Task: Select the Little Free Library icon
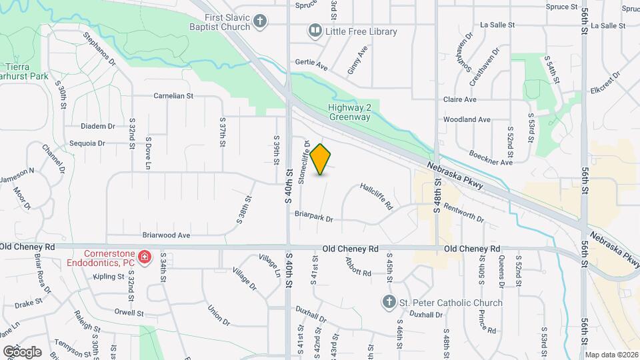(313, 31)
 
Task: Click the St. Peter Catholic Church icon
(389, 303)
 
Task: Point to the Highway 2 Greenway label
(349, 112)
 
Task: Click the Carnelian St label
(173, 95)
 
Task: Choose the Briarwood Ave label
(167, 235)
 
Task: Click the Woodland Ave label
(467, 120)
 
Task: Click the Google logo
(22, 351)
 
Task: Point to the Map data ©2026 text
(612, 355)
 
